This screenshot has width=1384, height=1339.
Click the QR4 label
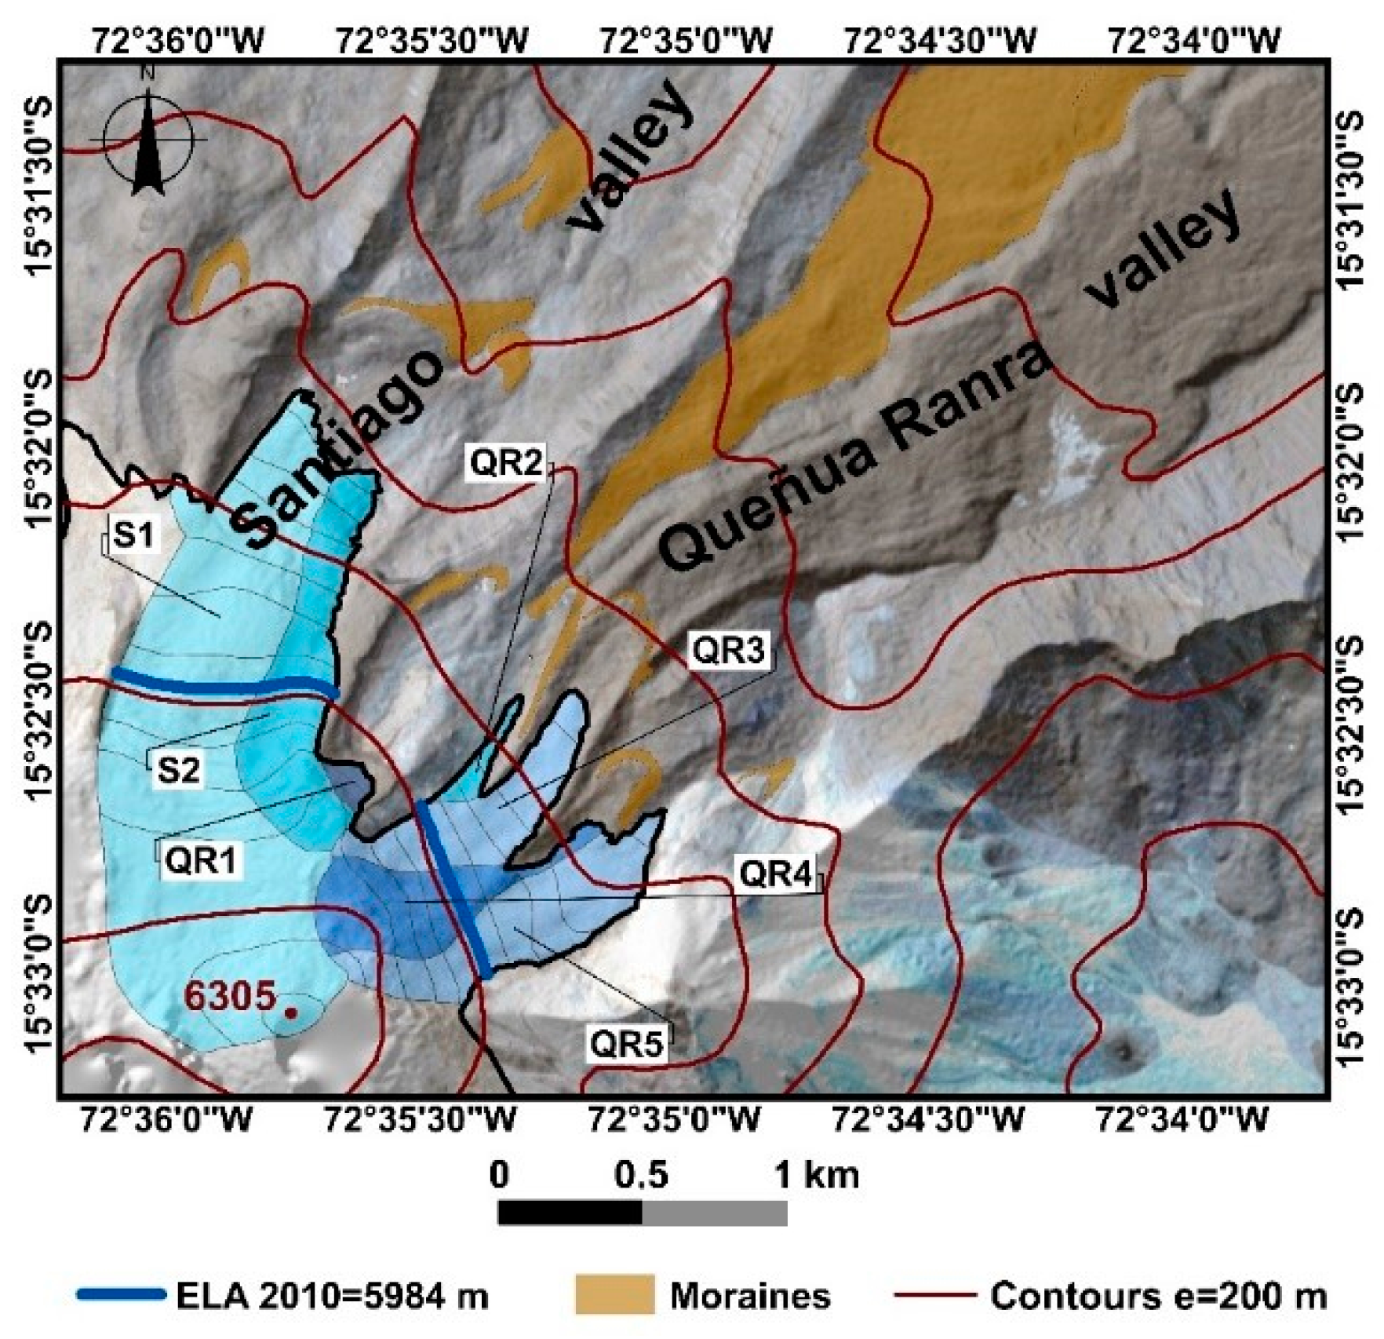coord(775,874)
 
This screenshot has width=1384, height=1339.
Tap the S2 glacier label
coord(178,770)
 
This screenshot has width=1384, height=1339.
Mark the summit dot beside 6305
coord(290,1013)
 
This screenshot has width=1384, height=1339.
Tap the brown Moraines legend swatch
coord(614,1294)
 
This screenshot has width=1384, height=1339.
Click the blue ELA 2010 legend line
coord(121,1294)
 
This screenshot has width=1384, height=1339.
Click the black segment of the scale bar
coord(570,1213)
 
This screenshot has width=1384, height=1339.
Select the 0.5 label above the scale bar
coord(641,1175)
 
